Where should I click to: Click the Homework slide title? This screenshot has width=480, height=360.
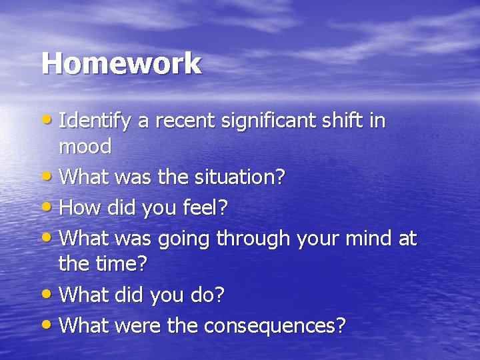(121, 63)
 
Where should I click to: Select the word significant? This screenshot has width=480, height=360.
(255, 123)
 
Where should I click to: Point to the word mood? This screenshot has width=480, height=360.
(85, 147)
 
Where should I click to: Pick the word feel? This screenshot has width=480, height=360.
(205, 207)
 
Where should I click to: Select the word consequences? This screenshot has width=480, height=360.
(275, 325)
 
